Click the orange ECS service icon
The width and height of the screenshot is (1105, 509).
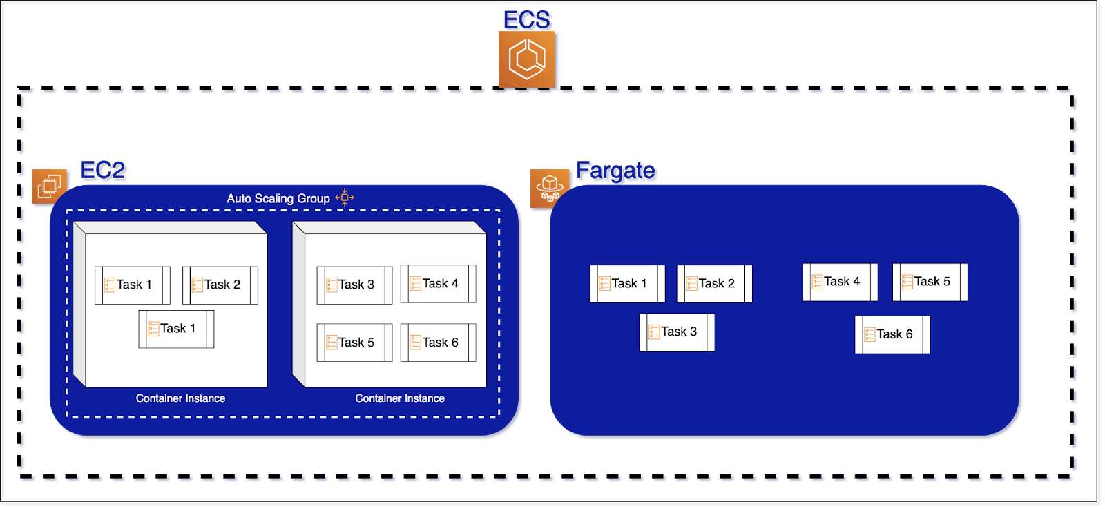point(527,59)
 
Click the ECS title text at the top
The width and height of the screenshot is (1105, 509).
point(528,21)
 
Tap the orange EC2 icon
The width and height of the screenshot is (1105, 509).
point(50,186)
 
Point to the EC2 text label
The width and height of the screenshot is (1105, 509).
point(104,171)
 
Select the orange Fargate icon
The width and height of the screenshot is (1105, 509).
point(550,188)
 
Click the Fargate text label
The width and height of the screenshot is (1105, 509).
point(617,171)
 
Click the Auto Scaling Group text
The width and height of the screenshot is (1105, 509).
point(278,198)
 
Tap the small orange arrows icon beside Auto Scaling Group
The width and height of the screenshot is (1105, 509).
point(345,198)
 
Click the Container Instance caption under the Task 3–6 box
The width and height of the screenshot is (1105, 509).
point(400,398)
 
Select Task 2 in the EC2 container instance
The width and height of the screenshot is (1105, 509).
point(220,285)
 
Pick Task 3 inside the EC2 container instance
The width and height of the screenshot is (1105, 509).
point(354,285)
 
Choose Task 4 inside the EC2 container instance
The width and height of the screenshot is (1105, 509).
point(439,283)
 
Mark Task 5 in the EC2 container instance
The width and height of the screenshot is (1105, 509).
point(354,343)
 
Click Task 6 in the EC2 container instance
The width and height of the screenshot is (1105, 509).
point(439,343)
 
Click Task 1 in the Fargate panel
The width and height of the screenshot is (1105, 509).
point(627,283)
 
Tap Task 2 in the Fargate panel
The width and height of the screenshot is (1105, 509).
point(714,283)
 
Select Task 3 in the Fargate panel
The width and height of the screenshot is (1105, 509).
point(677,332)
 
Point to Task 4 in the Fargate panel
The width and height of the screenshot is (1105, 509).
point(840,281)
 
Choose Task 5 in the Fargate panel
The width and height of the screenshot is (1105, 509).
point(930,281)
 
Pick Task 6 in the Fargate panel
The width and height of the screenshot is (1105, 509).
point(892,334)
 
